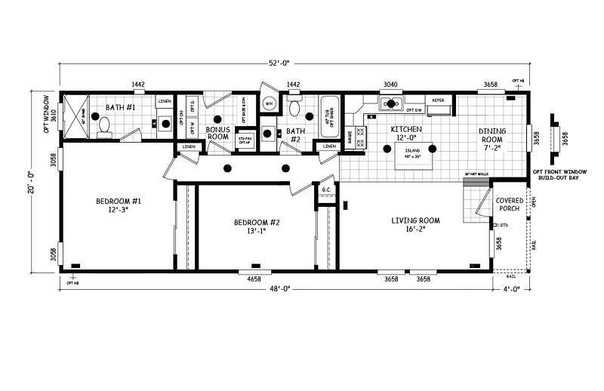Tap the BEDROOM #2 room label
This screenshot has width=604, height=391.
tap(257, 226)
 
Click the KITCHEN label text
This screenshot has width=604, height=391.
tap(405, 134)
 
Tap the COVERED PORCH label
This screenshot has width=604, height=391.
tap(510, 205)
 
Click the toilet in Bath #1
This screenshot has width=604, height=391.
tap(105, 133)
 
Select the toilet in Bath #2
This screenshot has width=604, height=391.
tap(297, 109)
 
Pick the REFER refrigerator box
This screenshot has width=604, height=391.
tap(438, 100)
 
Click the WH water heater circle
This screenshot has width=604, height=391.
tap(270, 104)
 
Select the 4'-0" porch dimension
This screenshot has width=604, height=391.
tap(514, 288)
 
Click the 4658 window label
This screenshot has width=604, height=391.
tap(254, 279)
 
